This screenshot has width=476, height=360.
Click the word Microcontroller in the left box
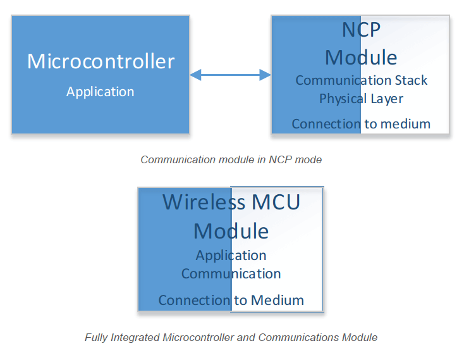click(101, 61)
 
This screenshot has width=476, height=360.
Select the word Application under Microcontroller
click(101, 92)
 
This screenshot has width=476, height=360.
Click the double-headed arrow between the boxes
click(230, 75)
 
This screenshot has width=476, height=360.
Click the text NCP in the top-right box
click(361, 30)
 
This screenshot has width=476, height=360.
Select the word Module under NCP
click(361, 57)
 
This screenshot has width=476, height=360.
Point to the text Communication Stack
click(361, 80)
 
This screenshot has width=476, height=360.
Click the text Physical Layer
click(361, 99)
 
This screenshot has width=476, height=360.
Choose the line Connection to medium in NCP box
click(361, 123)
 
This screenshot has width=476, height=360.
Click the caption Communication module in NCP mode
click(231, 159)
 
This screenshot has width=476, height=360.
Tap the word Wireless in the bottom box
click(203, 202)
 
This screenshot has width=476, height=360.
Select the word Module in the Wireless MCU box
click(231, 230)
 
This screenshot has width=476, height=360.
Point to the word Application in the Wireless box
click(231, 255)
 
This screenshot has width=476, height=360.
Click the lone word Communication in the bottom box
click(231, 273)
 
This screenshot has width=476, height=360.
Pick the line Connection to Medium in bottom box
click(231, 300)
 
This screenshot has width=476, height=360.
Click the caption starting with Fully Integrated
click(231, 337)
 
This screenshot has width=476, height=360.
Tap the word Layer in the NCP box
click(387, 99)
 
